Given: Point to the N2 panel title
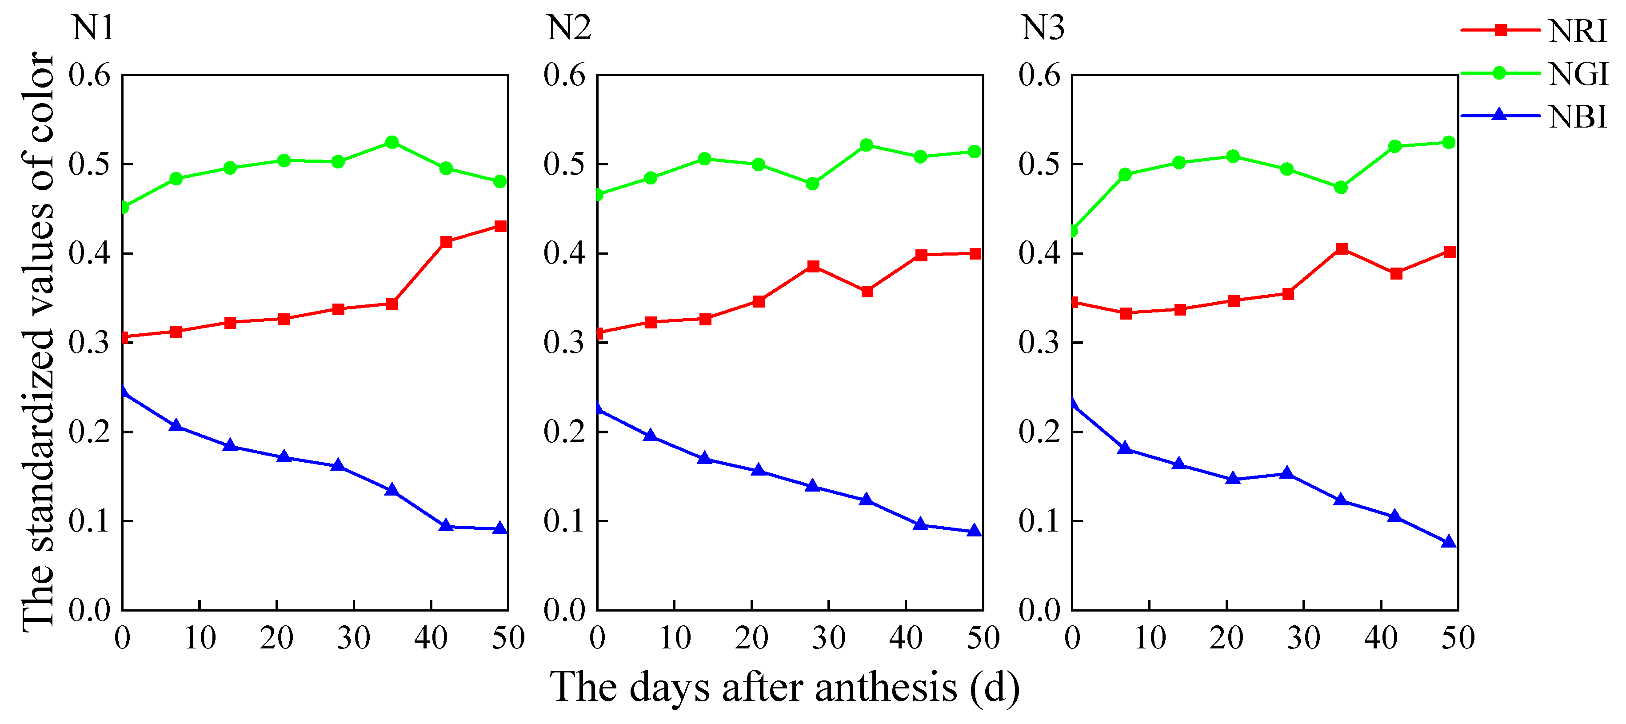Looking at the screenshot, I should [568, 28].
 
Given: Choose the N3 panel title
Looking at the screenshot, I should [1043, 28].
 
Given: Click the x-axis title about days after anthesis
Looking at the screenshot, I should [785, 688].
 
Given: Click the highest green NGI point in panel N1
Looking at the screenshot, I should [392, 143].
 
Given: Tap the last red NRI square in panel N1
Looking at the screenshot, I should [500, 226].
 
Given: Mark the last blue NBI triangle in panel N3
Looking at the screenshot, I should [1449, 542].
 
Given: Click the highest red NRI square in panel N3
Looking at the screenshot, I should [1342, 249].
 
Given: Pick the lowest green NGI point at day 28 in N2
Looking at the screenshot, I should [812, 184].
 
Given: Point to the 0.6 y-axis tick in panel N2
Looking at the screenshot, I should [564, 75].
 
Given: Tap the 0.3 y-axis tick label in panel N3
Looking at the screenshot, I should [1039, 343].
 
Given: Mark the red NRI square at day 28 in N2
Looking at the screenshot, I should [813, 266].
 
